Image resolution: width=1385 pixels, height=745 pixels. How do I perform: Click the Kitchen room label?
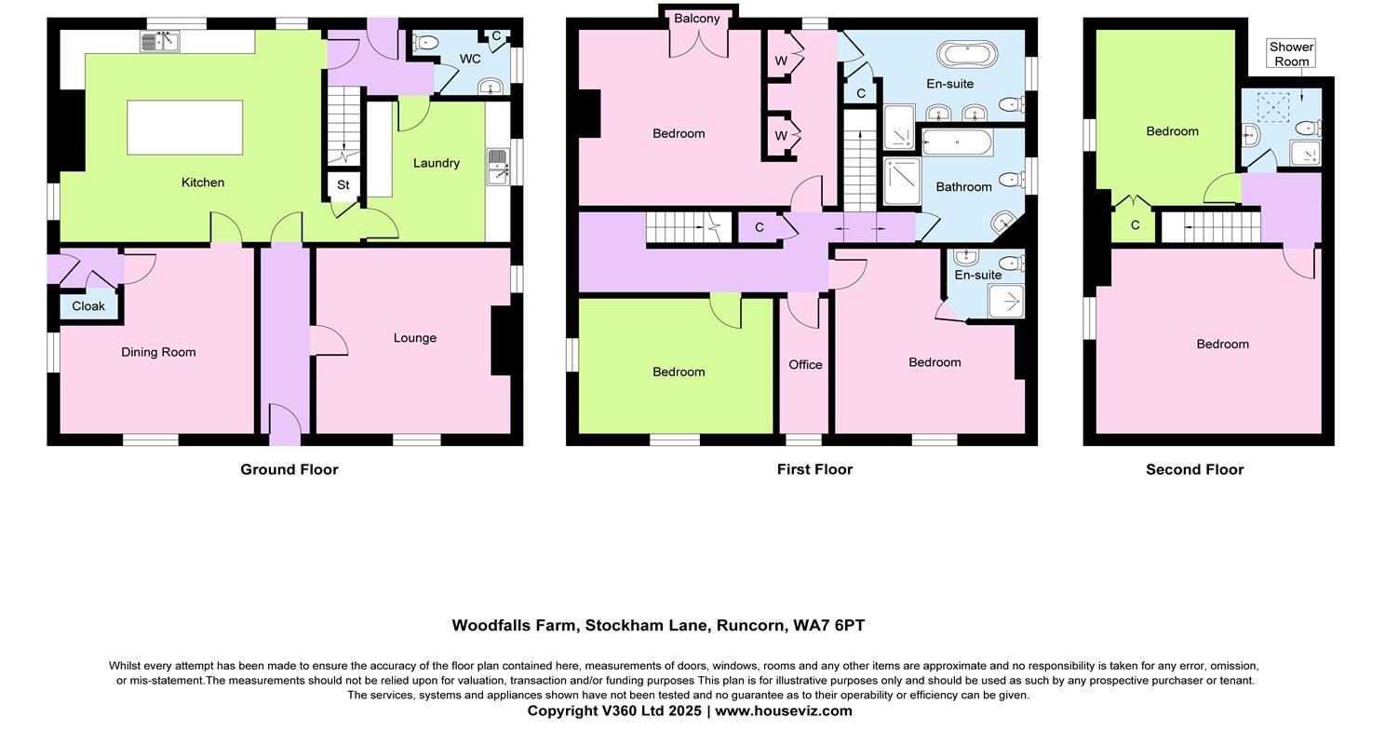(202, 183)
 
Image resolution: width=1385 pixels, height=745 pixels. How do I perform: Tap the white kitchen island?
(184, 128)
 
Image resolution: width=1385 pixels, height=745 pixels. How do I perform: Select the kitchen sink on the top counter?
(159, 41)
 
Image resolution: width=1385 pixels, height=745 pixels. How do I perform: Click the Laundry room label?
(437, 163)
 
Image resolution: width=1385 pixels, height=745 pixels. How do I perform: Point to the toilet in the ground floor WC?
(425, 42)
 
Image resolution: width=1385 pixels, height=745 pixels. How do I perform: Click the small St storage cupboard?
(343, 185)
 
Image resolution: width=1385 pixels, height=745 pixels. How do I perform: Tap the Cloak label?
(88, 306)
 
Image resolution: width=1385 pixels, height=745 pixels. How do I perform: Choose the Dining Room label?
(158, 352)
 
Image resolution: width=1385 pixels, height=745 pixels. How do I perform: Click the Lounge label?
(414, 338)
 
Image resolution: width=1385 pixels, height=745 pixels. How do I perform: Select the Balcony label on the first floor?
(697, 19)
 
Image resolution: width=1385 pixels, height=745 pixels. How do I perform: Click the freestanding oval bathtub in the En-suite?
(967, 54)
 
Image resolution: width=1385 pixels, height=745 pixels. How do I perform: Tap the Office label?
(805, 365)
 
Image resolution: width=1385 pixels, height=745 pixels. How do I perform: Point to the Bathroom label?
(963, 187)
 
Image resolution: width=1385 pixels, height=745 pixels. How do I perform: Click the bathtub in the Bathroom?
(957, 142)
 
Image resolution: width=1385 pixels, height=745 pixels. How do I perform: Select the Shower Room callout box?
(1291, 54)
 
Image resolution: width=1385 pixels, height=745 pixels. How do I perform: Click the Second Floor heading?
(1194, 469)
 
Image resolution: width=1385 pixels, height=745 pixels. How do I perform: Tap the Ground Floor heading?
(289, 469)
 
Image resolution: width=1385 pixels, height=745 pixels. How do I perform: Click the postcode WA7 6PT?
(828, 626)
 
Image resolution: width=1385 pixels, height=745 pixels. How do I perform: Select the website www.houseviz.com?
(783, 711)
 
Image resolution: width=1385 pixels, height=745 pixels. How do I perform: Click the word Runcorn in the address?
(749, 626)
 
